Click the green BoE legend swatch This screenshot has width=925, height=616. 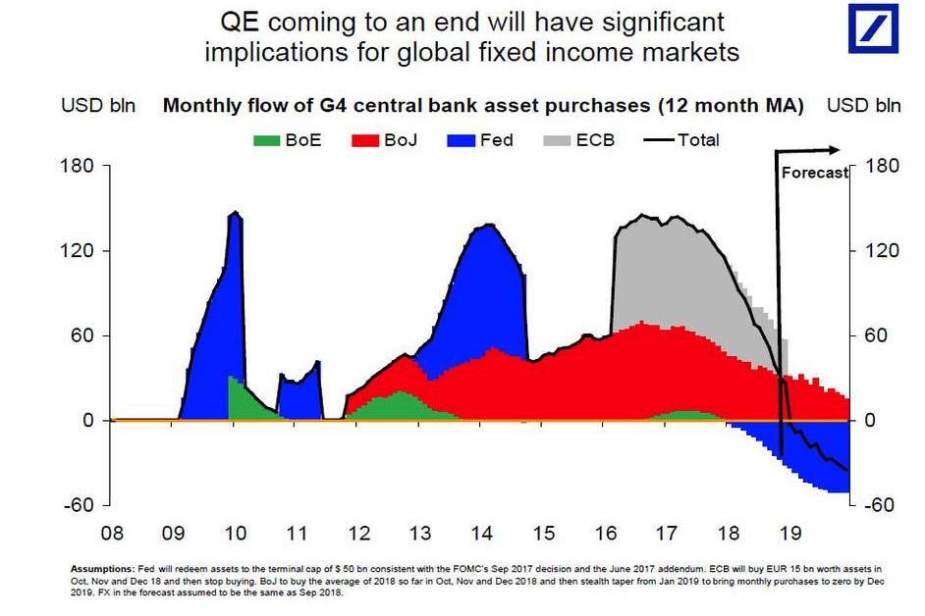(x=268, y=140)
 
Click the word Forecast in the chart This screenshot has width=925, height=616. (x=814, y=173)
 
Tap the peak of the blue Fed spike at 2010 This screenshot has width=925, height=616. (x=235, y=213)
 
